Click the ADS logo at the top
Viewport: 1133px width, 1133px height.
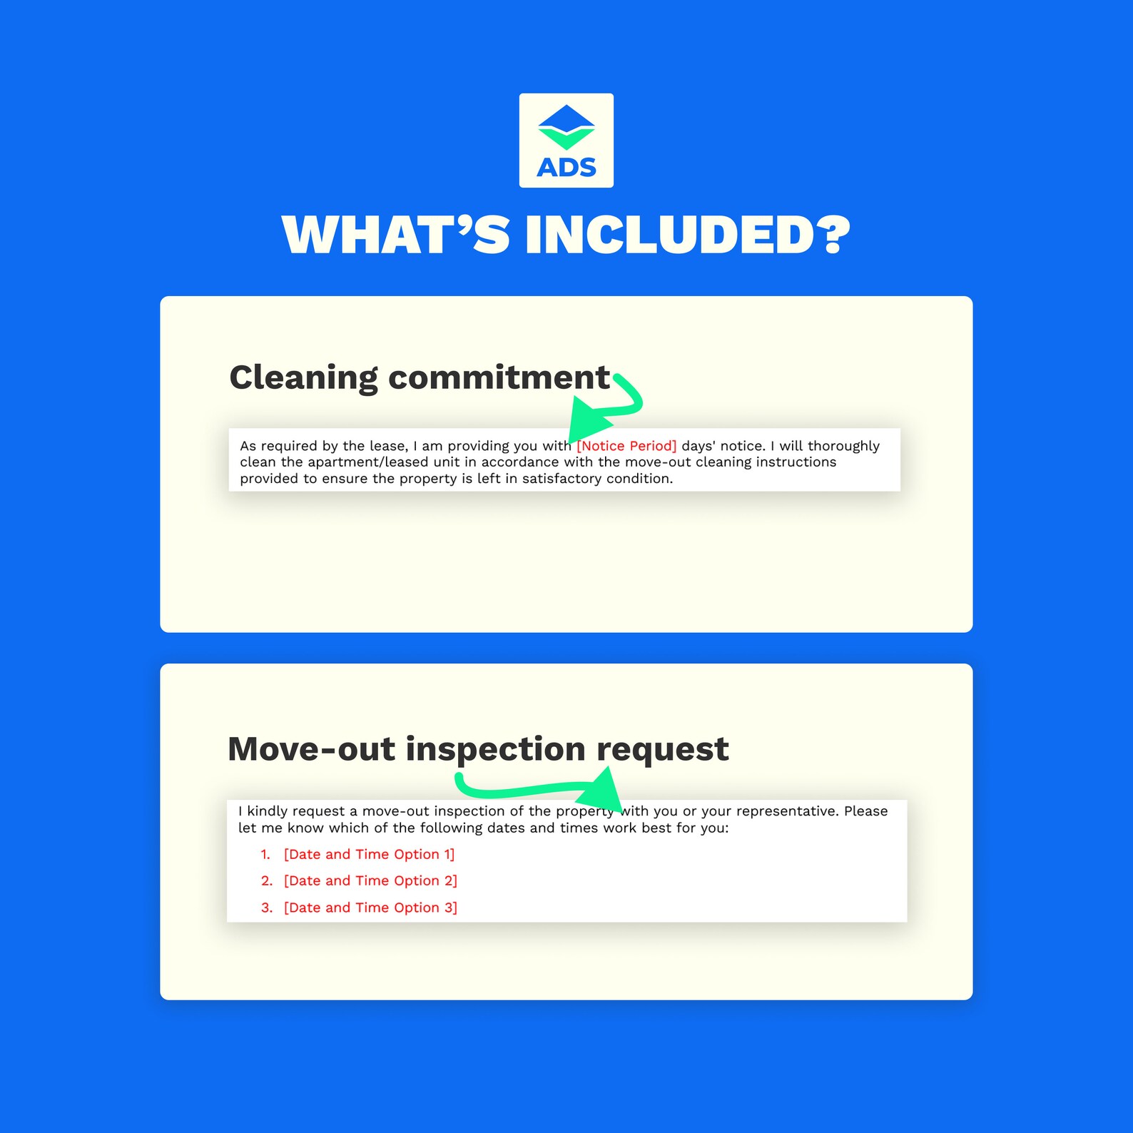(x=566, y=141)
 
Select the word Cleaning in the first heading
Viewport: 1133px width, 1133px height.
(x=304, y=378)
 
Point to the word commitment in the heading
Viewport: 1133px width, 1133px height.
(x=499, y=377)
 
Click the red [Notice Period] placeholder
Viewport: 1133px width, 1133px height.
(x=626, y=446)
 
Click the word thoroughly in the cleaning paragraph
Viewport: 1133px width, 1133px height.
(x=843, y=446)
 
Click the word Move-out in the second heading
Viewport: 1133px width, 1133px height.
(x=311, y=749)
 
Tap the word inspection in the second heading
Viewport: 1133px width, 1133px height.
(x=495, y=750)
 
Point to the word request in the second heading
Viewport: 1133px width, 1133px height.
(x=662, y=750)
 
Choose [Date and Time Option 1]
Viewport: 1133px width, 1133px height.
(x=369, y=854)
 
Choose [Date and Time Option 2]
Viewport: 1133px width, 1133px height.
(x=370, y=881)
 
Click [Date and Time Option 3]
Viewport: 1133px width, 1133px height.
(x=370, y=908)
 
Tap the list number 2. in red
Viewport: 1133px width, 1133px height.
(x=267, y=881)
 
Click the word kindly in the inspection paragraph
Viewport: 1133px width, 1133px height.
(x=268, y=811)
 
